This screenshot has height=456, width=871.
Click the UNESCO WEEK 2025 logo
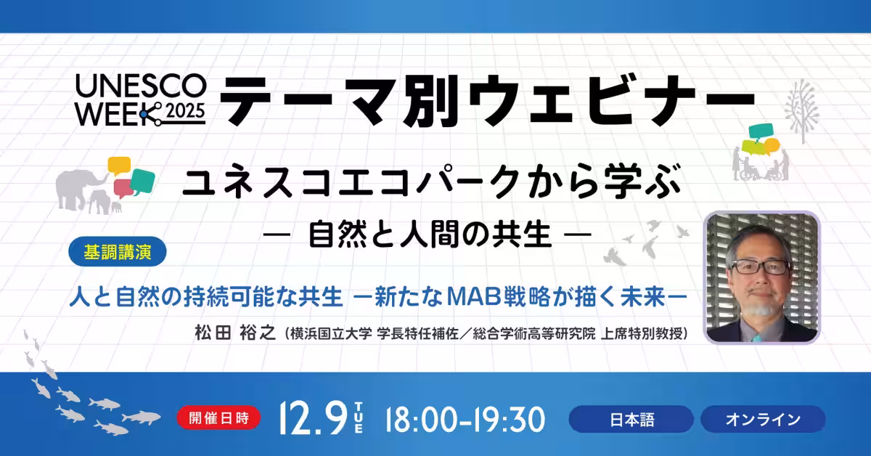pos(140,100)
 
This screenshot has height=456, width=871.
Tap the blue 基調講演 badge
pos(118,252)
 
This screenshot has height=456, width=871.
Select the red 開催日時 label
pos(218,418)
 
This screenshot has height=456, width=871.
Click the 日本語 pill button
pos(631,419)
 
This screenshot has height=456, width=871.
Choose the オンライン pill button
pos(763,419)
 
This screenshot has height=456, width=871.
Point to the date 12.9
pos(314,419)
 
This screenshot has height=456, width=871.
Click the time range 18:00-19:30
pos(465,420)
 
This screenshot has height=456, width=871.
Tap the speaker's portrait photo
pos(762,277)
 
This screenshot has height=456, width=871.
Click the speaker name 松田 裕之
pos(235,333)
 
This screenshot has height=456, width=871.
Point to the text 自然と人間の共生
pos(430,235)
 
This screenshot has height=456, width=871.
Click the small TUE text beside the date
pos(359,419)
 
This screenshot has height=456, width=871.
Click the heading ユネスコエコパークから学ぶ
pos(432,182)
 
